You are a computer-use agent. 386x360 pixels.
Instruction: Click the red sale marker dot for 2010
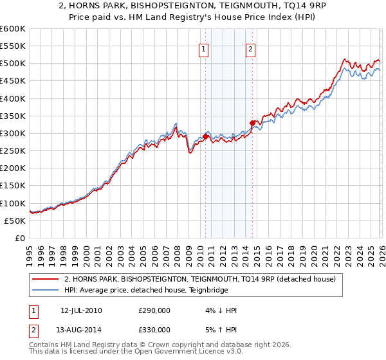tap(205, 136)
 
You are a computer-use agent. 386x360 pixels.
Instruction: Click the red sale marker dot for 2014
tap(252, 122)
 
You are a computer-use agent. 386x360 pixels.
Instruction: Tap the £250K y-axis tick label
tap(13, 151)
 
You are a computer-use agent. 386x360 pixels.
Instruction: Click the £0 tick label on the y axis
tap(21, 239)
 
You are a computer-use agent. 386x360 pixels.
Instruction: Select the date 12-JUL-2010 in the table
tap(81, 310)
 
